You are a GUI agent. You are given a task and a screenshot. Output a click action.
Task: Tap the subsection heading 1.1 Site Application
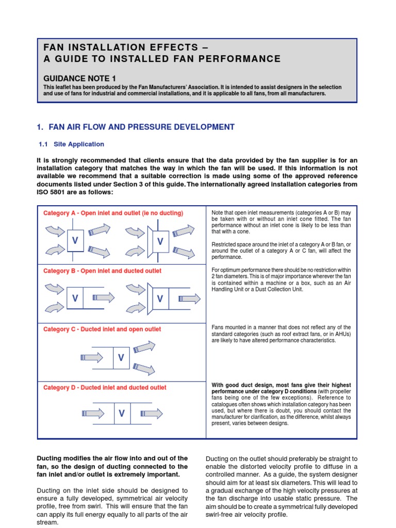pyautogui.click(x=73, y=144)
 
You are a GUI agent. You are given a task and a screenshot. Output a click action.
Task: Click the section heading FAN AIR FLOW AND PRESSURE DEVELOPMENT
pyautogui.click(x=141, y=127)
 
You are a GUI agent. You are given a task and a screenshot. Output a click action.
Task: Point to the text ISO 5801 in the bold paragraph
pyautogui.click(x=56, y=192)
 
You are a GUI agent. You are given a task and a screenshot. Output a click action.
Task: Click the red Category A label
pyautogui.click(x=113, y=212)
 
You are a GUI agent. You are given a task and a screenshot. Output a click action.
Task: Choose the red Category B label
pyautogui.click(x=102, y=271)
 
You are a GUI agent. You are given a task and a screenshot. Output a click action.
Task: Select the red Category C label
pyautogui.click(x=102, y=329)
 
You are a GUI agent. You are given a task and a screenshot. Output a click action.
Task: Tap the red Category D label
pyautogui.click(x=105, y=387)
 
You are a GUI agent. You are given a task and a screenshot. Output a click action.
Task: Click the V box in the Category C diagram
pyautogui.click(x=122, y=357)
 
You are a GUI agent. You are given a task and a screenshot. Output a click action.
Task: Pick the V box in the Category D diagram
pyautogui.click(x=122, y=413)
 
